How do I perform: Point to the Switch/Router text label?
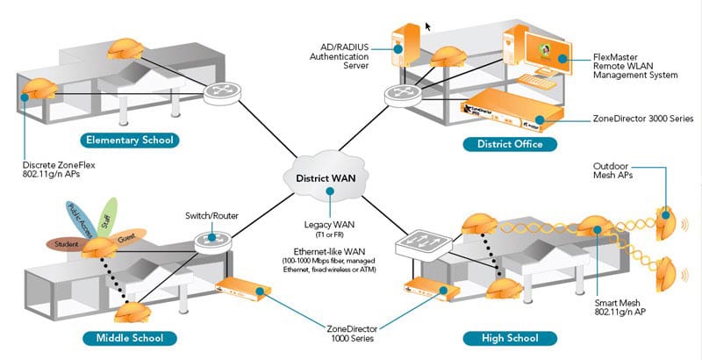click(210, 215)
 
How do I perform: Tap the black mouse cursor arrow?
click(429, 27)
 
